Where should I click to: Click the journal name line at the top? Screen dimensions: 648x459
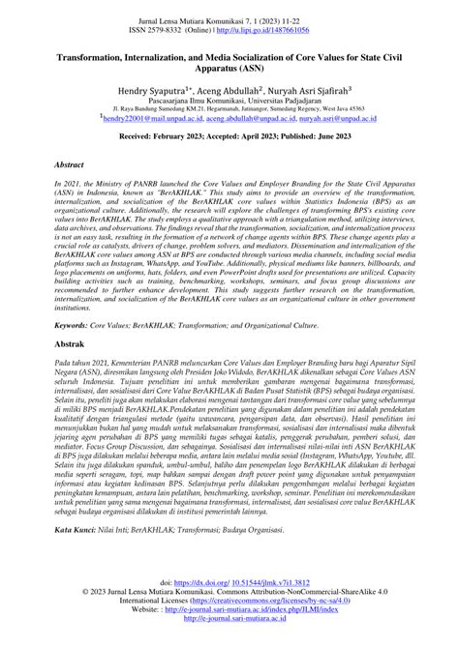click(x=229, y=18)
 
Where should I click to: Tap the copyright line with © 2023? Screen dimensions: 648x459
click(x=229, y=619)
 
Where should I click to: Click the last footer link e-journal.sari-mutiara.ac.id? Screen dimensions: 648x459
click(x=229, y=645)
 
